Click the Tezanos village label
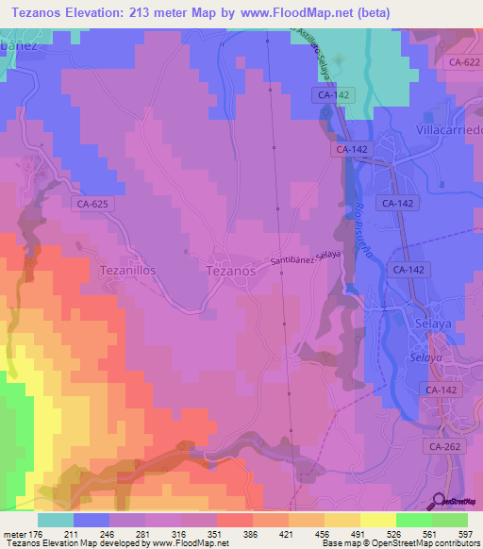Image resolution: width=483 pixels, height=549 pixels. coord(230,270)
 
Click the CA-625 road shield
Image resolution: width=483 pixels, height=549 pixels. coord(92,203)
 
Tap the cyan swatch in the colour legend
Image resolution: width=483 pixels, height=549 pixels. coord(56,520)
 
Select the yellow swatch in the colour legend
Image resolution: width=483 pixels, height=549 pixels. coord(378,520)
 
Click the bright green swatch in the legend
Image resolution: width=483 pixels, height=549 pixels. coord(414,520)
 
